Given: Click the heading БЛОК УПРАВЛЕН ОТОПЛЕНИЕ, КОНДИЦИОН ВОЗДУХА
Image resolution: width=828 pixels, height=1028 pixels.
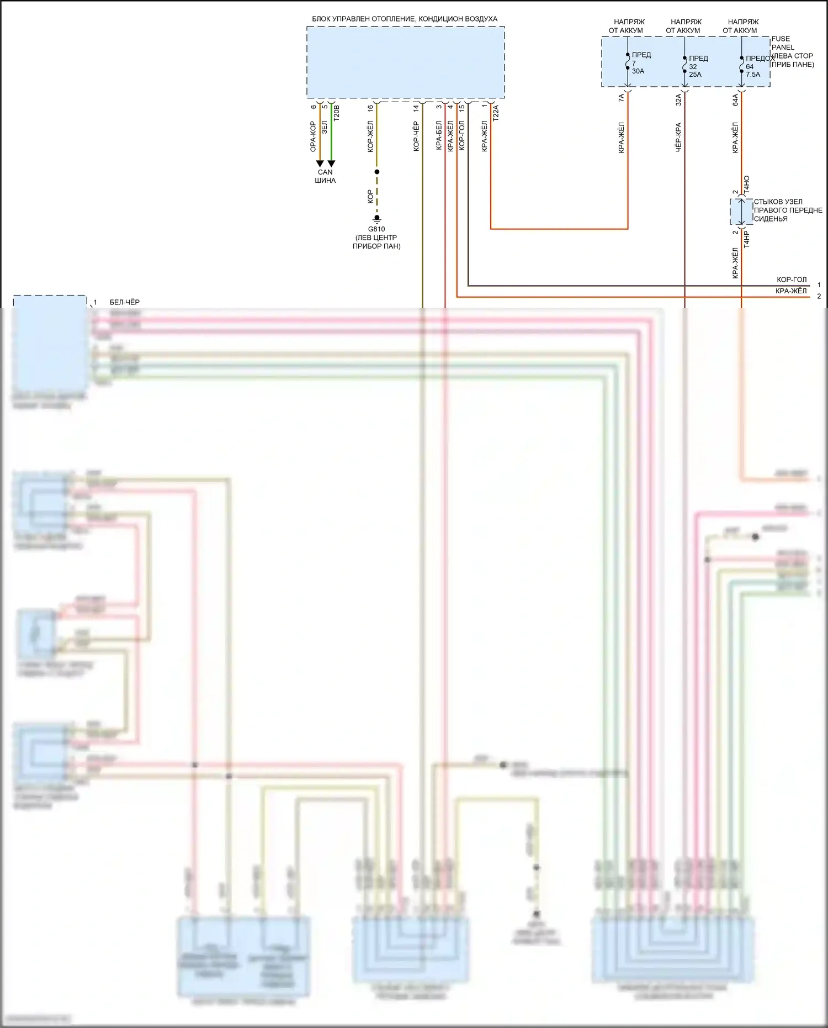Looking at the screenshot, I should (405, 19).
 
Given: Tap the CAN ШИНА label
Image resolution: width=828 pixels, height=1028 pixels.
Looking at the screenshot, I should (325, 176).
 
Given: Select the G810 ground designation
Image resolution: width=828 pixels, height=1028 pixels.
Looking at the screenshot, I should (376, 229).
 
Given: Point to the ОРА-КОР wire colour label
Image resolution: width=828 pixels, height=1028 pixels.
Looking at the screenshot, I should (313, 136).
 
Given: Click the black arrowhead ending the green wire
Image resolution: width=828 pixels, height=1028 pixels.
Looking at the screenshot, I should (331, 164).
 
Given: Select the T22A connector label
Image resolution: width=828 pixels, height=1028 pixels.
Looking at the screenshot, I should (495, 113).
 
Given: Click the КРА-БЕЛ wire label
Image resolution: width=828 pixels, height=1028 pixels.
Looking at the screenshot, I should (439, 136).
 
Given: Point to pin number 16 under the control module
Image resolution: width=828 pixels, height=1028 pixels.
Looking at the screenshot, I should (370, 108).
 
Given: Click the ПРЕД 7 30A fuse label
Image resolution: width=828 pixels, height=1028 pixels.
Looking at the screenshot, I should (640, 63).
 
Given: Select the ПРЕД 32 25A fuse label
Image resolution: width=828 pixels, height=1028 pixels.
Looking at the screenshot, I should (698, 66).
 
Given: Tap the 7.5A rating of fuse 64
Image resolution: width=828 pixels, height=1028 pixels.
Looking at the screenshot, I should (753, 75).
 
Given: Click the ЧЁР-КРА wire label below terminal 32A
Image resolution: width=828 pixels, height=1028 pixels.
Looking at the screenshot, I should (678, 137).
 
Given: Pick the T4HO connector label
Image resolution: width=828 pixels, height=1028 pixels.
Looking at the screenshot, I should (747, 184).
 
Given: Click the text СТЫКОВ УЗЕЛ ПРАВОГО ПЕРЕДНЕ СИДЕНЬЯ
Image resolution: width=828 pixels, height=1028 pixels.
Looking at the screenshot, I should (788, 210).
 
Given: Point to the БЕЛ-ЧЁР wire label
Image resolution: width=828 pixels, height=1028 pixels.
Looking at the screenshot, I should (125, 302).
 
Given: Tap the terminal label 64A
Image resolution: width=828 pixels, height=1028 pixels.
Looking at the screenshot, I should (735, 99).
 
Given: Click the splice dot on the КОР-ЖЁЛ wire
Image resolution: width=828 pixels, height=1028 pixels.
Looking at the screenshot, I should (377, 172).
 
